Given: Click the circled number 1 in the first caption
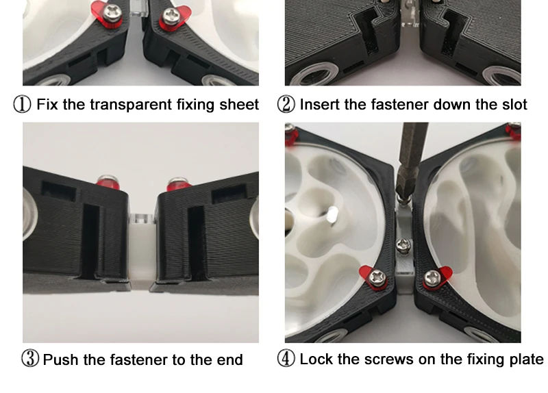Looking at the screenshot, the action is point(22,105).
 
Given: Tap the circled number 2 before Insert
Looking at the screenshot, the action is point(286,105).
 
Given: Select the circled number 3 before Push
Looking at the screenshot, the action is point(30,359).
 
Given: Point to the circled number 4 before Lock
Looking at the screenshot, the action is point(286,359).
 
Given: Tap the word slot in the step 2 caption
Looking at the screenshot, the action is point(514,105).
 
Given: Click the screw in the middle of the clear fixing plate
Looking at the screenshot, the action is point(403,246).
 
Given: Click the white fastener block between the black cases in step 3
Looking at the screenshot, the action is point(142,251).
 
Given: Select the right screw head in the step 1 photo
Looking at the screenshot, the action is point(171,16).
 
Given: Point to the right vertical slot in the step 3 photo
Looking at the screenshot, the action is point(197,243).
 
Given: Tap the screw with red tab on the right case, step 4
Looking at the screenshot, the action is point(432,278).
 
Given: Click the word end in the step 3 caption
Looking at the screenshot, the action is point(229,359).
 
